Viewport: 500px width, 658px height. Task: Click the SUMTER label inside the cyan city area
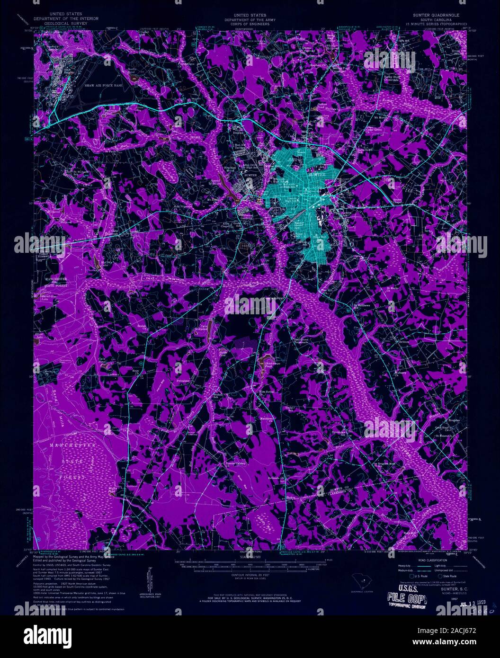[316, 175]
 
